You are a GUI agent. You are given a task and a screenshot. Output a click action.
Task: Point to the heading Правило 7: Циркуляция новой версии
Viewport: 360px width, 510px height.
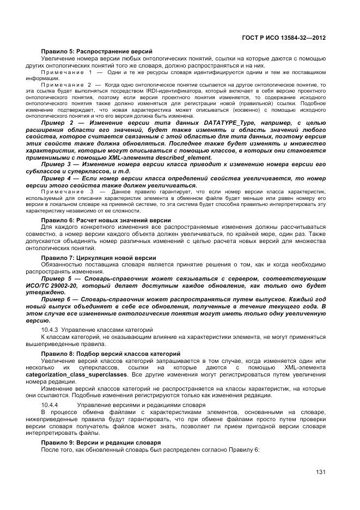(x=99, y=257)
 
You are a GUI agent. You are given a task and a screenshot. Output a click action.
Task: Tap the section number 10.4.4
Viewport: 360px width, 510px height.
(x=50, y=405)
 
